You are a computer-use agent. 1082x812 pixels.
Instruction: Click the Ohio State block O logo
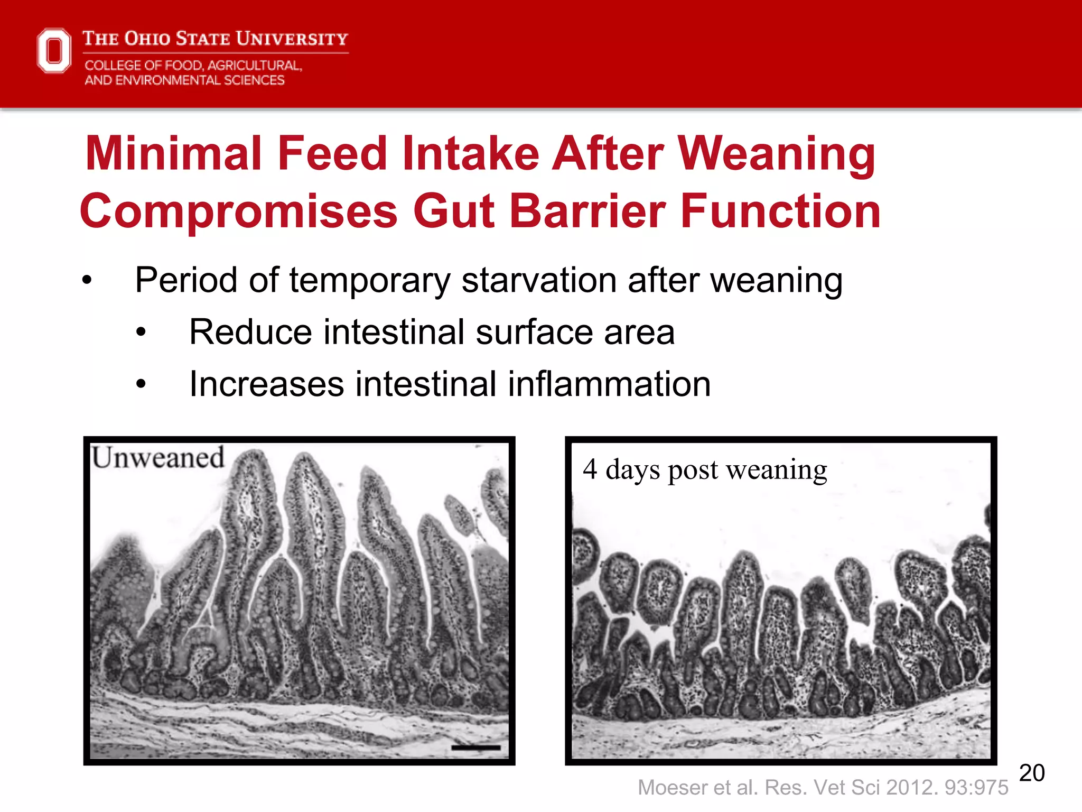coord(54,51)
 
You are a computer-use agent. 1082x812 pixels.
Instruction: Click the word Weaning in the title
coord(777,153)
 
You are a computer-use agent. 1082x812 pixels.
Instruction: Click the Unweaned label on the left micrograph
coord(158,457)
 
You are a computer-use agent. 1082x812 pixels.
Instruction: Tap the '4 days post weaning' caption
coord(705,469)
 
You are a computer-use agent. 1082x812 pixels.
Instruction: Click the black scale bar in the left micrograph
coord(476,748)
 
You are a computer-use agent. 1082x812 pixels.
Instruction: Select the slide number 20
coord(1031,773)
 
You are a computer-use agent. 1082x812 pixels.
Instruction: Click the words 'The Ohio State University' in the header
coord(216,39)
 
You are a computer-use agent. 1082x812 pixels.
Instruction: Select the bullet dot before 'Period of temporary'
coord(87,280)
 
